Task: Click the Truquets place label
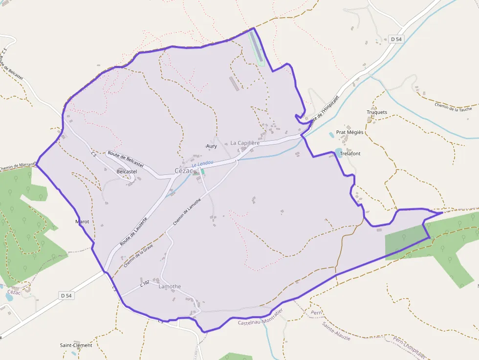376,112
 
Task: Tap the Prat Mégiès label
349,133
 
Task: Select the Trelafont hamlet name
350,153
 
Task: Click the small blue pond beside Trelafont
339,151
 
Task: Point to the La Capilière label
245,143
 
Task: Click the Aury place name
211,146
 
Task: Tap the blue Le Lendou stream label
202,163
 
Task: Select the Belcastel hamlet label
127,172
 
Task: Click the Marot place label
82,222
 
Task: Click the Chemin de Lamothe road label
187,208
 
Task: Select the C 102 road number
145,282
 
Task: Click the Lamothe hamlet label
170,287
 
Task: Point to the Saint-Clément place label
76,345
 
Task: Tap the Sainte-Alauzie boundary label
336,331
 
